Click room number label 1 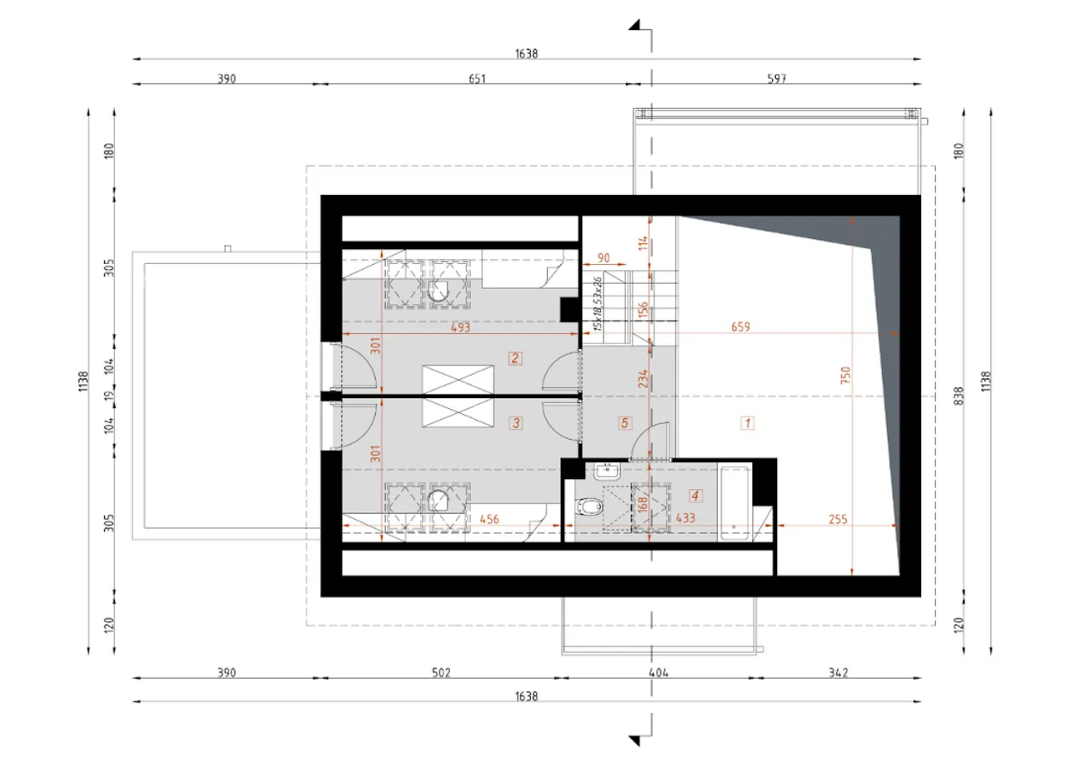[748, 423]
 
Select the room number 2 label [515, 358]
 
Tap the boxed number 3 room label [516, 423]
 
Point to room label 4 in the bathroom [695, 496]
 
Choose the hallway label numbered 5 [625, 423]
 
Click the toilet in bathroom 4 [589, 506]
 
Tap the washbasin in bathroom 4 [607, 471]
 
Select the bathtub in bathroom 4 [734, 503]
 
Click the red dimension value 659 [741, 327]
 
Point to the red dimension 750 [845, 375]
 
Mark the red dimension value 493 [461, 327]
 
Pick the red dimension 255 [838, 519]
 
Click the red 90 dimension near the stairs [604, 257]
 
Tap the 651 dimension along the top [478, 78]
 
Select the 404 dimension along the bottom [659, 673]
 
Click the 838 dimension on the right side [959, 396]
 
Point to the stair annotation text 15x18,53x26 [598, 304]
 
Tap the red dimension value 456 [489, 519]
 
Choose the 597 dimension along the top [776, 78]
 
